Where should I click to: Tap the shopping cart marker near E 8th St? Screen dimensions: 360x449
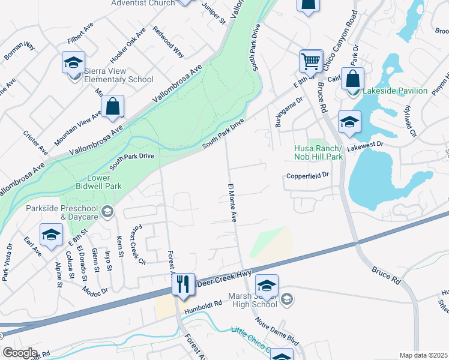[x=310, y=61]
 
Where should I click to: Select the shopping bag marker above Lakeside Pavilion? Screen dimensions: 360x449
[x=354, y=79]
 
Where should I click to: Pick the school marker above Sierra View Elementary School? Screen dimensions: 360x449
[x=73, y=62]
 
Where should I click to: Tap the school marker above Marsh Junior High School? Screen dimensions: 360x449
[x=267, y=286]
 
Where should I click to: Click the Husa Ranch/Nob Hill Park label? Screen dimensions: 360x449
[x=318, y=153]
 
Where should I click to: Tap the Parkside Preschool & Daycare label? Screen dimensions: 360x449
[x=63, y=211]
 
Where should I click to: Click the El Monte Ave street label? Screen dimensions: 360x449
[x=231, y=202]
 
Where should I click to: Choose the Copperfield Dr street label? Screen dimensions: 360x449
[x=307, y=176]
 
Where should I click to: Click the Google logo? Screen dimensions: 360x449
[x=20, y=353]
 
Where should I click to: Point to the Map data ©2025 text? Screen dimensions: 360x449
[x=424, y=355]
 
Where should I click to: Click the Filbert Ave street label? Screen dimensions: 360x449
[x=81, y=35]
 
